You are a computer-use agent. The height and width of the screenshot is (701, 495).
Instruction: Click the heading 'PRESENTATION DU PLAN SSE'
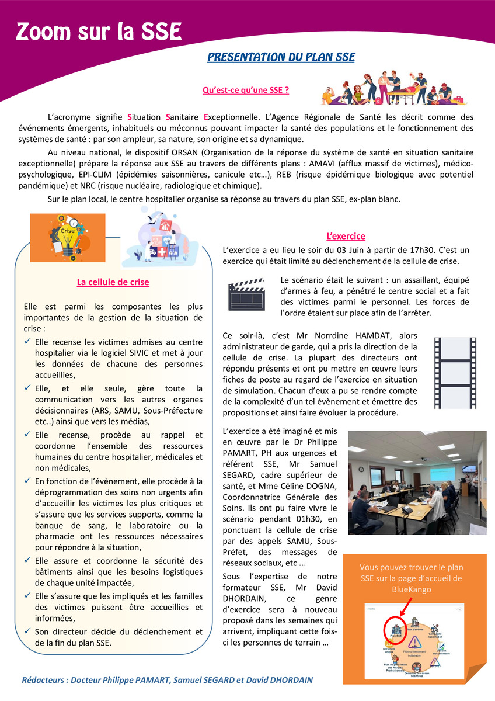coord(281,57)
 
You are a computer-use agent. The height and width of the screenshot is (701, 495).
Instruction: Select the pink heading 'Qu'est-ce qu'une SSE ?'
coord(246,91)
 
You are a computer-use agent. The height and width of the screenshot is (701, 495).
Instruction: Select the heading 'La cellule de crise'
coord(113,282)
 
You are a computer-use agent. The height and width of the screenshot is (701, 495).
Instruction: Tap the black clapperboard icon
coord(247,296)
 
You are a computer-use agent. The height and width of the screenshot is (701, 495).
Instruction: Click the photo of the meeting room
coord(417,483)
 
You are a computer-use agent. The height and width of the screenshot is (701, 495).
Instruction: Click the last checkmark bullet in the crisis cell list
coord(28,631)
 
